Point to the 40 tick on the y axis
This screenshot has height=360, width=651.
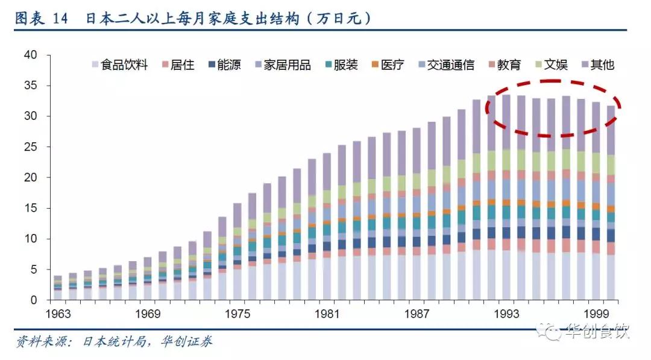click(31, 55)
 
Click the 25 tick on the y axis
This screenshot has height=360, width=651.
click(31, 147)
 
